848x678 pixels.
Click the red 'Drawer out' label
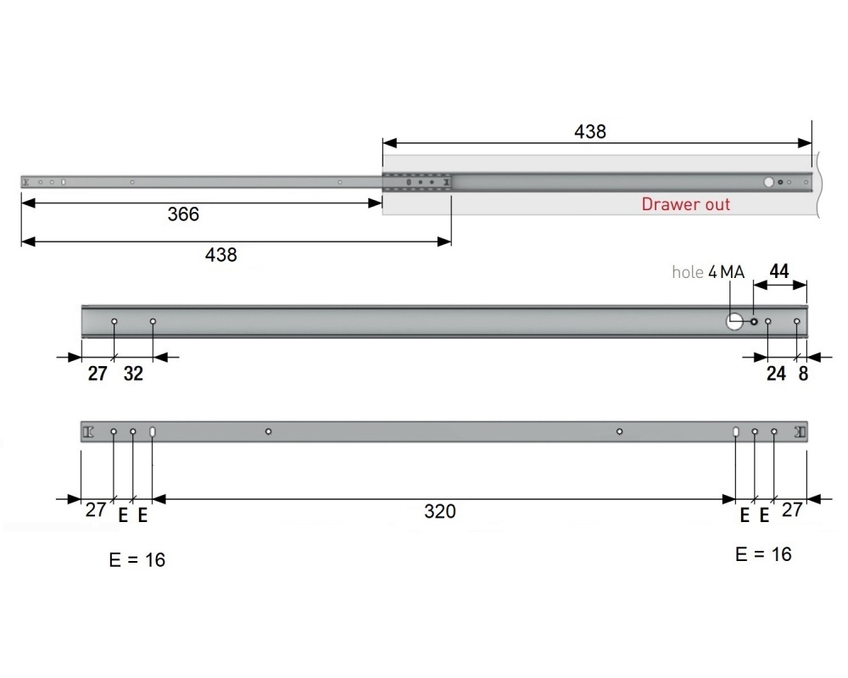point(685,204)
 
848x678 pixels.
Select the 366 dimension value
point(183,214)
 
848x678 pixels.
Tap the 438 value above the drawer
point(590,132)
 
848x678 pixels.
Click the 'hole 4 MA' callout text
point(708,272)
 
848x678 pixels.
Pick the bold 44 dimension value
point(778,272)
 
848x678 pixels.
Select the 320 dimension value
point(440,511)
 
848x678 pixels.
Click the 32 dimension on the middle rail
point(133,373)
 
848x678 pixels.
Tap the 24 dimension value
point(776,373)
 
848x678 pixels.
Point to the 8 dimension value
point(803,373)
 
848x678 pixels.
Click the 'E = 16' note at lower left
point(137,560)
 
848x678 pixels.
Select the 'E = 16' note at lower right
point(763,554)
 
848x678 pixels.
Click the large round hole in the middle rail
point(734,322)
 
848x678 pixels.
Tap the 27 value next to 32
point(98,373)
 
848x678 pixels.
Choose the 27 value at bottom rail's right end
point(792,510)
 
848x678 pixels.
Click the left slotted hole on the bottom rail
point(153,432)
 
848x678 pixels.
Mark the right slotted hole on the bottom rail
point(735,432)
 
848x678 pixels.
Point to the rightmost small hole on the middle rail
point(797,322)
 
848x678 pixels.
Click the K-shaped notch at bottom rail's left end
point(88,432)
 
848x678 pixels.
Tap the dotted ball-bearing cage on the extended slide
point(416,182)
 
